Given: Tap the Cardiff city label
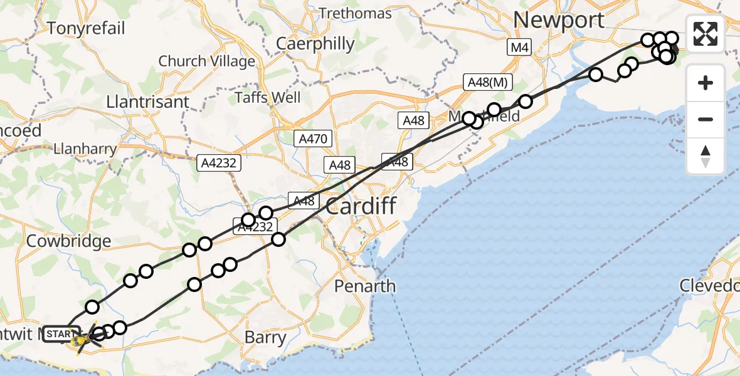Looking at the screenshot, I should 361,205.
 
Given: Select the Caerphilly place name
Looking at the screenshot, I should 315,44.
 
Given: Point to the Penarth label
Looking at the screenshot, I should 365,286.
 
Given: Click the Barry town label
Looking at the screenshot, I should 265,338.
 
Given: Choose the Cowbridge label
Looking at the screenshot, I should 70,241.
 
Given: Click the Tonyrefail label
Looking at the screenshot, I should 86,28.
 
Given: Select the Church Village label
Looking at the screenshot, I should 207,61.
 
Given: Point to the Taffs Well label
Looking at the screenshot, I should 268,98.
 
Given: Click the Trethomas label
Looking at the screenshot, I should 355,13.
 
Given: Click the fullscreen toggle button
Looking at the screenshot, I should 706,34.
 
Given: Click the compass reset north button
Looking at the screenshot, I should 706,157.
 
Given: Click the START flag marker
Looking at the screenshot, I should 59,334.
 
